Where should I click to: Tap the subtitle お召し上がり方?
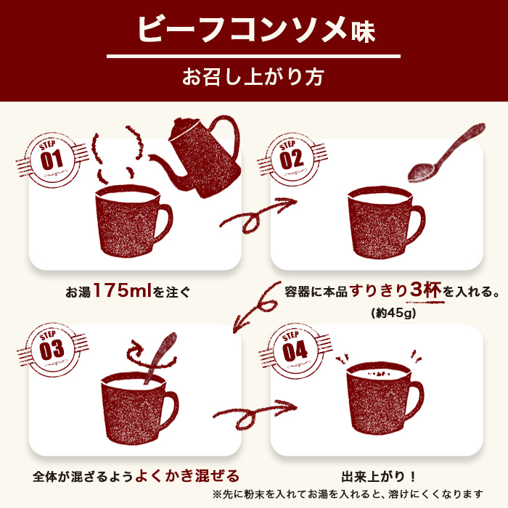click(253, 76)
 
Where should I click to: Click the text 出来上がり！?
click(379, 477)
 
